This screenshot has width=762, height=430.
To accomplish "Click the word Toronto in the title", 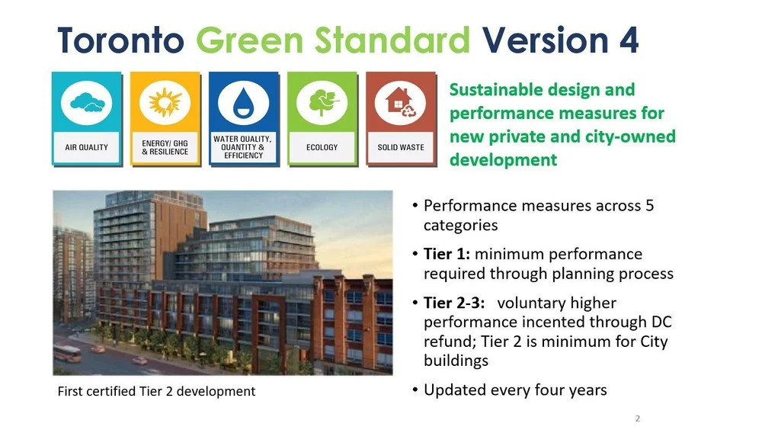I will (121, 40).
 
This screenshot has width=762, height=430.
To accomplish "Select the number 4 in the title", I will (628, 40).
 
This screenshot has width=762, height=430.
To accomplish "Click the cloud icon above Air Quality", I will (86, 104).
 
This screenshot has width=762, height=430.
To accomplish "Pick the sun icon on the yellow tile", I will (165, 102).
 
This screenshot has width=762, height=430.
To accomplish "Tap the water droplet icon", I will (243, 104).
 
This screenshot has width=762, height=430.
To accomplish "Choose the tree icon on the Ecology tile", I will (322, 104).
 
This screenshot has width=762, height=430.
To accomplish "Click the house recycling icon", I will (401, 104).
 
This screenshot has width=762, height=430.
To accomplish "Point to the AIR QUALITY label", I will (86, 147).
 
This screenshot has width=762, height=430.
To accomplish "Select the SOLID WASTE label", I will (401, 147).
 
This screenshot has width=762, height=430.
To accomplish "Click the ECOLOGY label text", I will (322, 147).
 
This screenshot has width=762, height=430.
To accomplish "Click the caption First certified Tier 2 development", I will (156, 391).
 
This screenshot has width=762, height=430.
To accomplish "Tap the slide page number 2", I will (637, 419).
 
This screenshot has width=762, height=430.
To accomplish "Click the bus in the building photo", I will (67, 353).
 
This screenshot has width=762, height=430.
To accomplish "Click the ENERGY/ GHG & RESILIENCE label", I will (165, 147).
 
